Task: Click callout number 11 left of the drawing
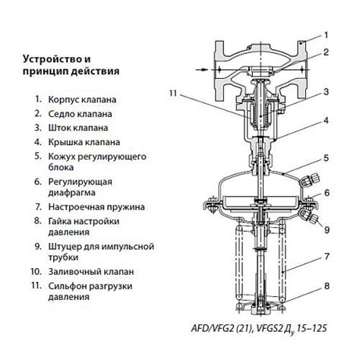point(174,94)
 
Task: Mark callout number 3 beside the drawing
point(326,92)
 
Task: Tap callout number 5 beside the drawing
point(326,158)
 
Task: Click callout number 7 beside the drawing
point(326,256)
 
